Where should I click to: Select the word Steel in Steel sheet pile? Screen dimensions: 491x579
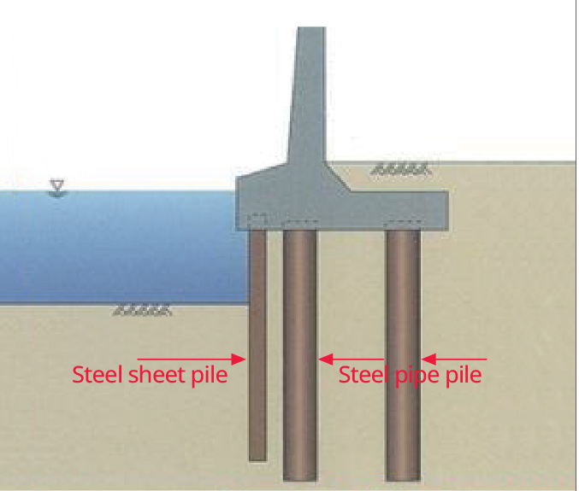(x=96, y=375)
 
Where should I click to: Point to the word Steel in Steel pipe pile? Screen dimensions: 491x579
(x=363, y=375)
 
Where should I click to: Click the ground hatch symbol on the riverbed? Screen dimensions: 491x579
(x=143, y=311)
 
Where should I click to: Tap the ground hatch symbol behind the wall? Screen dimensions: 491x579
(x=399, y=171)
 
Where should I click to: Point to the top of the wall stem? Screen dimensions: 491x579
(x=310, y=32)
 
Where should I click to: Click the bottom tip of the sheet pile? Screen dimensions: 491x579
(x=257, y=459)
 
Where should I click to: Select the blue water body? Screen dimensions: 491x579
(x=120, y=248)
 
